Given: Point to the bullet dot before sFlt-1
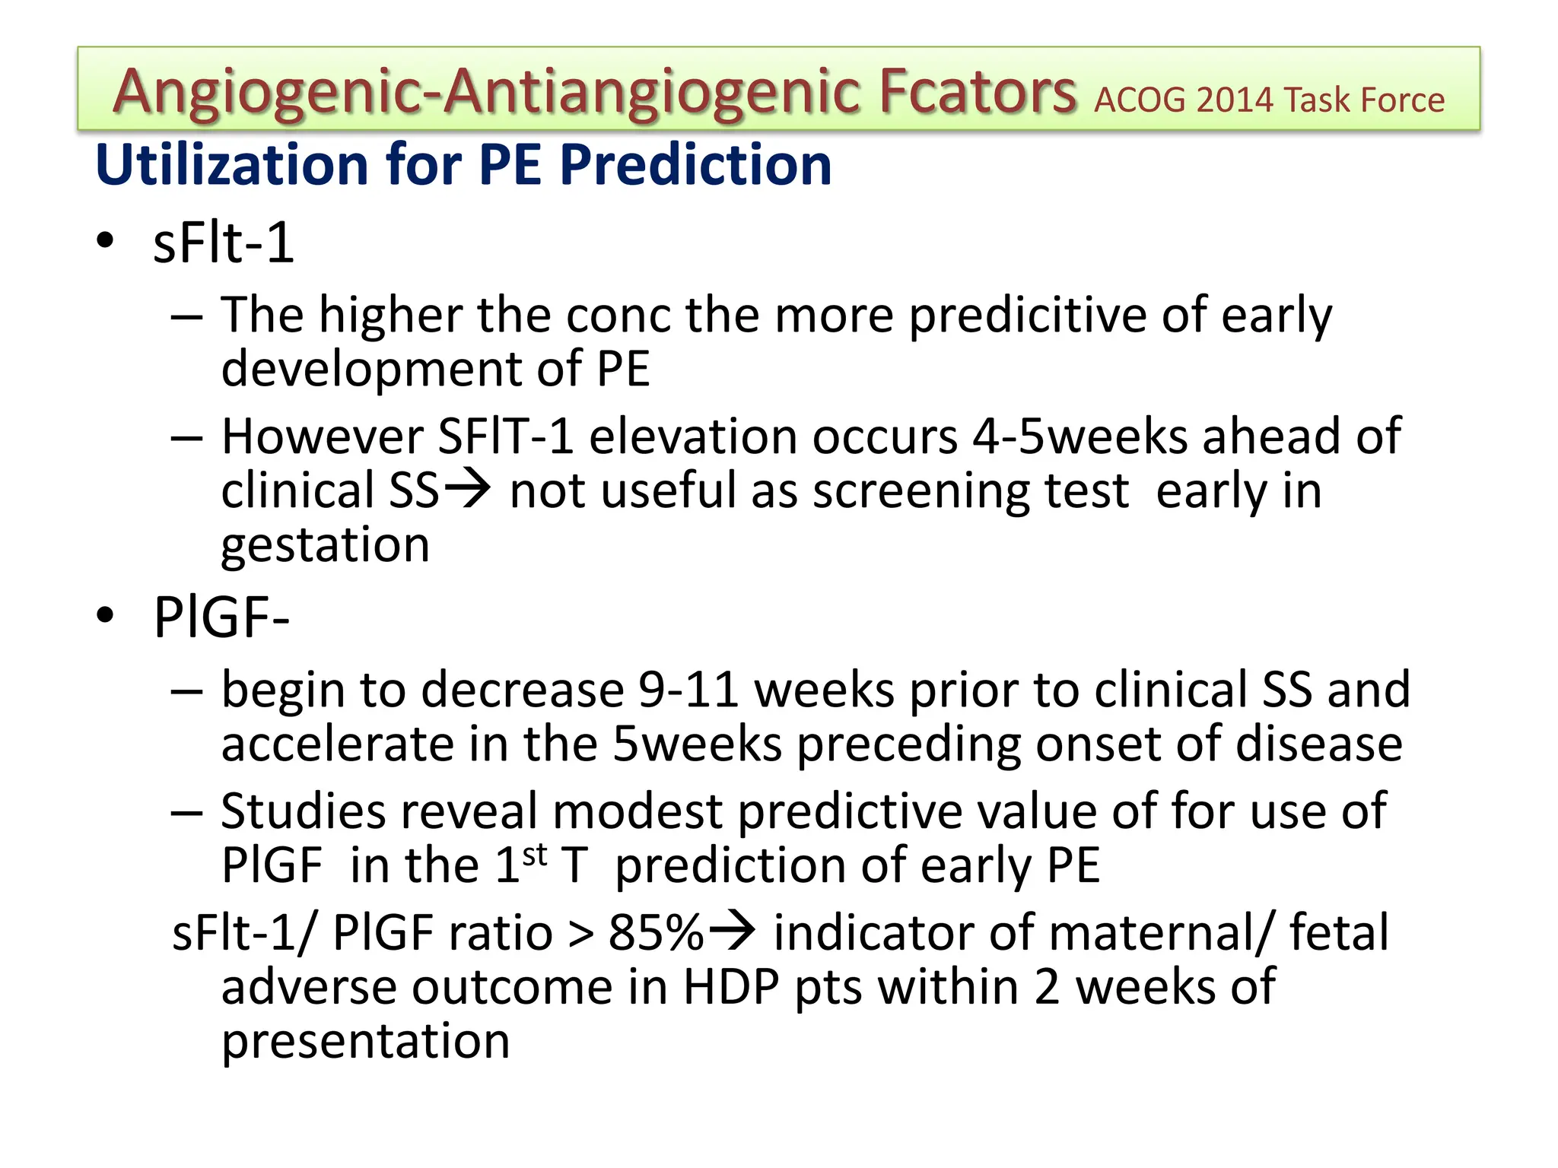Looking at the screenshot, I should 105,241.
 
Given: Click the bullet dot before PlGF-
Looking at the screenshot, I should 105,614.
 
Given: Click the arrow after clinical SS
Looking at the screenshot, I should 467,490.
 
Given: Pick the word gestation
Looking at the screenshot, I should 326,546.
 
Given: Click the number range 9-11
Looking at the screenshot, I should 688,690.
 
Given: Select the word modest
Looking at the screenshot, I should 638,811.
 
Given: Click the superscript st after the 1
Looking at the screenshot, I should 535,855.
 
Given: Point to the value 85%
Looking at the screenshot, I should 656,933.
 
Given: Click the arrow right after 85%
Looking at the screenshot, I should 732,932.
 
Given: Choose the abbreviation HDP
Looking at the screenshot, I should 731,988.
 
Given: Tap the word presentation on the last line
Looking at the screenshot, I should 365,1041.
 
